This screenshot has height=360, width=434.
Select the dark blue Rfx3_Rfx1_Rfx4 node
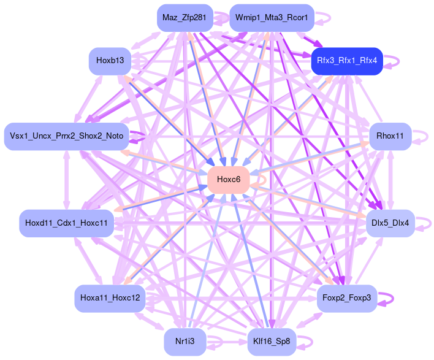tap(347, 61)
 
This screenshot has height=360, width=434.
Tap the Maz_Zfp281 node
tap(185, 18)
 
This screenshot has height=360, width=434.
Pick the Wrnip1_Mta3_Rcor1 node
tap(272, 18)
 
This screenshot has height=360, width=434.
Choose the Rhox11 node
tap(390, 136)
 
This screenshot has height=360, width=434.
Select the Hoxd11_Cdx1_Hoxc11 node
tap(66, 222)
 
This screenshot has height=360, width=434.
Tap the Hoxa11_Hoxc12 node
tap(110, 299)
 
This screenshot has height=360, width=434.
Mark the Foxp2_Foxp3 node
tap(346, 299)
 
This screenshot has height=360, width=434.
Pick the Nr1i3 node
tap(185, 342)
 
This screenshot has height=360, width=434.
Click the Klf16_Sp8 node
tap(272, 342)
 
